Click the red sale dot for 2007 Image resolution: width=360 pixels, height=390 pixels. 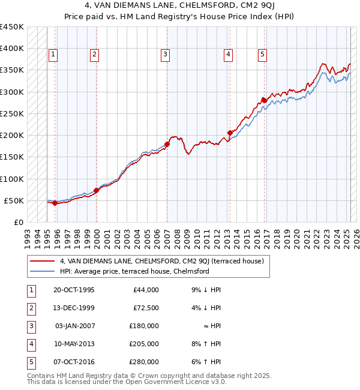[x=167, y=144]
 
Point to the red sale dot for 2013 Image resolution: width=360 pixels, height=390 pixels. [x=230, y=133]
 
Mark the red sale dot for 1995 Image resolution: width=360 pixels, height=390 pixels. [x=55, y=203]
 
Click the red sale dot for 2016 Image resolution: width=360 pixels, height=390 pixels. [x=263, y=100]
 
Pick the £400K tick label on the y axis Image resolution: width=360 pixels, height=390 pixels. [x=12, y=49]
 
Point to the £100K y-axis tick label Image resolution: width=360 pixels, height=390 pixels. [x=12, y=179]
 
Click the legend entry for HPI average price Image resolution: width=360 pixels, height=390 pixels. [x=134, y=271]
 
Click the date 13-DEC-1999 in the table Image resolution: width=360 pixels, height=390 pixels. [x=74, y=308]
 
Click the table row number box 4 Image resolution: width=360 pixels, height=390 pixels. [x=29, y=344]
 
